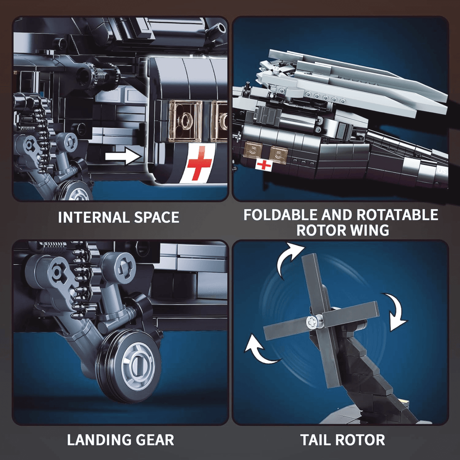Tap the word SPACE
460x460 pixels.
pos(157,217)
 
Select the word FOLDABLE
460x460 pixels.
pos(280,215)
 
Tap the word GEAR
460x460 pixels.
pos(154,440)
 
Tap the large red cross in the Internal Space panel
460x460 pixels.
pos(199,163)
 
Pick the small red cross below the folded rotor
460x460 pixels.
pos(263,165)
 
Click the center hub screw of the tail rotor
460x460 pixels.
pos(312,322)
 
